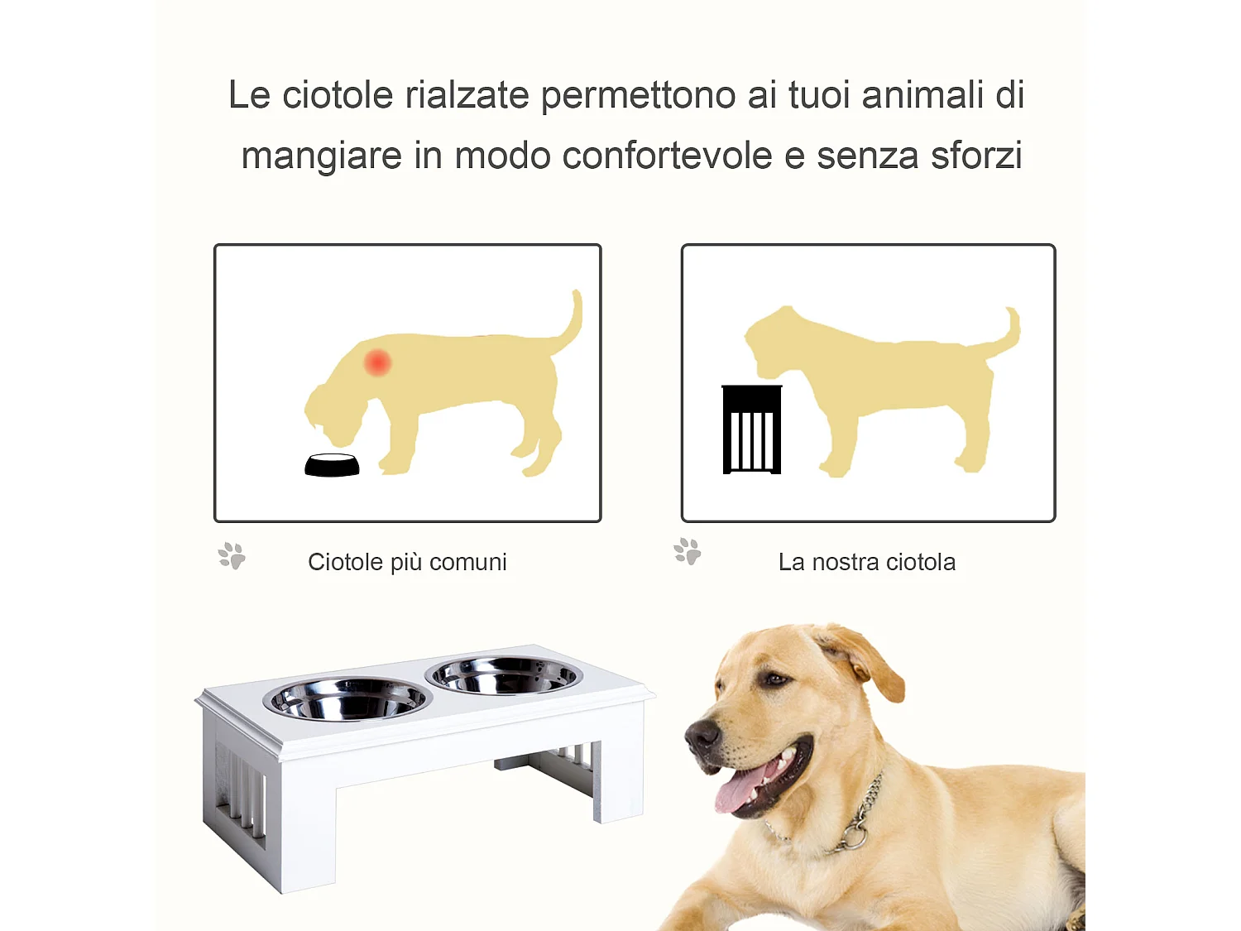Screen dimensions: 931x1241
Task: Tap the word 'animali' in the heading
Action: tap(920, 95)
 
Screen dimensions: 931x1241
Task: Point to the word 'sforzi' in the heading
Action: tap(976, 156)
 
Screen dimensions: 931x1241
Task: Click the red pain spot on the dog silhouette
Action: tap(377, 362)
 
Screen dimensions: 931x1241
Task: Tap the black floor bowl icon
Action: tap(332, 466)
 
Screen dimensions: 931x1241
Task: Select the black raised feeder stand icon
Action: tap(751, 430)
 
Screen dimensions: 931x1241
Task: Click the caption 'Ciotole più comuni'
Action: tap(407, 562)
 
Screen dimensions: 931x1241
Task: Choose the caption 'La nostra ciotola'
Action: tap(866, 562)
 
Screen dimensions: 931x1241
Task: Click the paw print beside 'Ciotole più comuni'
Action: tap(232, 555)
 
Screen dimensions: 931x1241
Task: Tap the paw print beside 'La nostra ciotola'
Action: tap(687, 551)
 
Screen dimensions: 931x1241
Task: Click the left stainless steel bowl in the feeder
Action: tap(347, 699)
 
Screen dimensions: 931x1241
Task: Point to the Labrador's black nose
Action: tap(702, 733)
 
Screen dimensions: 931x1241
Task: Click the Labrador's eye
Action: tap(774, 679)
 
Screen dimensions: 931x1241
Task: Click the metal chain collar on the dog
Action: tap(860, 819)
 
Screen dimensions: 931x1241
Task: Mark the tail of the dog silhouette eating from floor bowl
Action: tap(571, 323)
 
